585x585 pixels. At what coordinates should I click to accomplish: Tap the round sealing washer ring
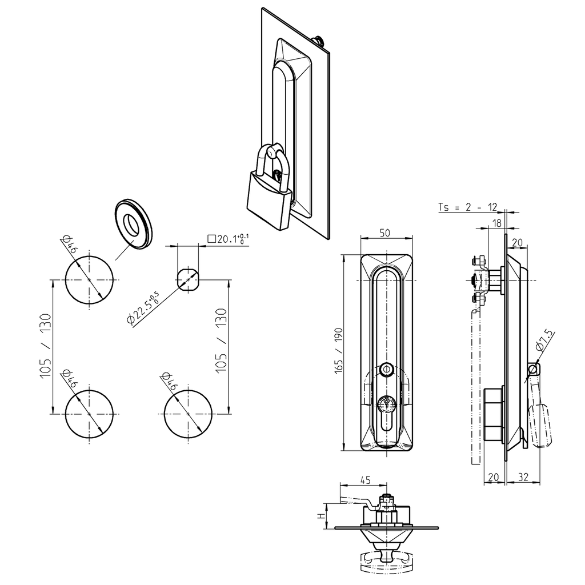coord(133,224)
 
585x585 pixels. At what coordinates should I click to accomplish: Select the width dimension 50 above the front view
coord(386,233)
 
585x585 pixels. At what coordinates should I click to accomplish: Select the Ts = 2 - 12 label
coord(467,207)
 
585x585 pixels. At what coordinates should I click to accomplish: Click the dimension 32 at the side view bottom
coord(523,476)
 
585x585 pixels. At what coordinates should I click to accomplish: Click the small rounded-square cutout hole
coord(189,279)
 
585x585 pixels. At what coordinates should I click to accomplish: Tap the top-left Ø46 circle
coord(89,279)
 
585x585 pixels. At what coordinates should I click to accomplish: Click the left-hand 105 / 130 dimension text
coord(45,347)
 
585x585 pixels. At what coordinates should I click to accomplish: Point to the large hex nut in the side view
coord(492,414)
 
